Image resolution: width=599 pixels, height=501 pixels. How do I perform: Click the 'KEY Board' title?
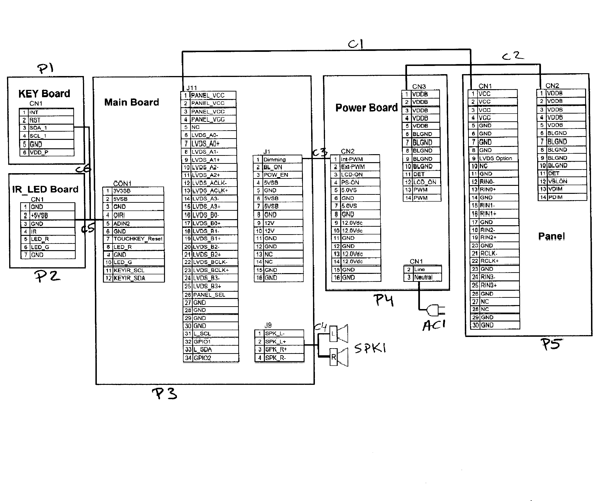pos(44,94)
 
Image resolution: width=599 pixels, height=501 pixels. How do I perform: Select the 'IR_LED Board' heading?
pos(45,189)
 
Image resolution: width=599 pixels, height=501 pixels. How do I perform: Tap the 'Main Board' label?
pos(132,102)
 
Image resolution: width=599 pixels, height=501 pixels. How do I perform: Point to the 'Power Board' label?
pos(366,108)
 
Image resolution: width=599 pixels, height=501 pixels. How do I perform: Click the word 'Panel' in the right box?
pos(551,236)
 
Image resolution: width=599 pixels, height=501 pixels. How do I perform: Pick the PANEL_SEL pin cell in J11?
pos(209,295)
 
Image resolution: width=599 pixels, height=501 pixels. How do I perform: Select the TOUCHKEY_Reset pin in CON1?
pos(138,239)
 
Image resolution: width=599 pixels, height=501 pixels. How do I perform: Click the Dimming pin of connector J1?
pos(274,160)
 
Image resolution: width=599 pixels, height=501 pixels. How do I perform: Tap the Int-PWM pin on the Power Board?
pos(352,159)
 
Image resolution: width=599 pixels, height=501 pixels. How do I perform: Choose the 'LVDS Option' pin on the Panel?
pos(495,158)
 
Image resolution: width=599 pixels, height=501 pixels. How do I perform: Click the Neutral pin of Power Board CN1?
pos(423,277)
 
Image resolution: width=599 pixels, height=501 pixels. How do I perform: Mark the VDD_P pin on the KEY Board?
pos(39,152)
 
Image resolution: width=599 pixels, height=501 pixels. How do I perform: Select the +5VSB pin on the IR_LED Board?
pos(39,215)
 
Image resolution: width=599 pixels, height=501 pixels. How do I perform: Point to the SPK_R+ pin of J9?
pos(276,349)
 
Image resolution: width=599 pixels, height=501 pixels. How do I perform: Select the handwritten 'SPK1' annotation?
pos(370,348)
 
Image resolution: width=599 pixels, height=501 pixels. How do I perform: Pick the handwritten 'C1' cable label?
pos(355,44)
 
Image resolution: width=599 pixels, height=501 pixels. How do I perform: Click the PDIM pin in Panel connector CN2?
pos(555,197)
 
